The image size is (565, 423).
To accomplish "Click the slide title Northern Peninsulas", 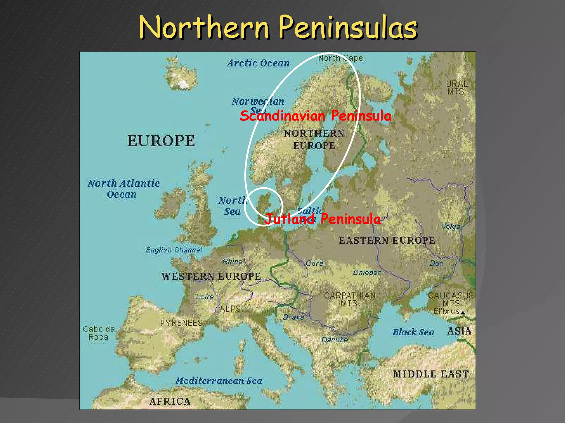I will pos(278,28).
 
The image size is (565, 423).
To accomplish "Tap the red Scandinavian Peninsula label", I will pos(315,116).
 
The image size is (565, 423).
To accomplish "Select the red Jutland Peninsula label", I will pos(322,219).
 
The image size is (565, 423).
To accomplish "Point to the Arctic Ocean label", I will pos(258,63).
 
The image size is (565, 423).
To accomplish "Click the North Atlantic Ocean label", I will pos(123,189).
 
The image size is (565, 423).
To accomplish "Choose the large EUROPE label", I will pos(161,141).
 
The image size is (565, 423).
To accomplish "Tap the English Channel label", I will pos(174,250).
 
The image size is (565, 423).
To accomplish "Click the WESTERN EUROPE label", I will pos(211,276).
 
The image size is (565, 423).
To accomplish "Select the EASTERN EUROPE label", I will pos(387,240).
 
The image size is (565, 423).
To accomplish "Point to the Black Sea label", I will pos(413,332).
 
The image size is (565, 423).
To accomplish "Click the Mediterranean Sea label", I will pos(219,381).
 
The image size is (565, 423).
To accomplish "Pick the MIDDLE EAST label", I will pos(431,374).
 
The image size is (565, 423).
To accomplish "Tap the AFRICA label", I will pos(170,402).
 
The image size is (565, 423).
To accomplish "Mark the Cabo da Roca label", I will pos(99,333).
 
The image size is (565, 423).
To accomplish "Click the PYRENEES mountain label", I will pos(181,322).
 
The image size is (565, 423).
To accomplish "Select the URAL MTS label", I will pos(457,87).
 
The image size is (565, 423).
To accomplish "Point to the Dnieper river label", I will pos(367,273).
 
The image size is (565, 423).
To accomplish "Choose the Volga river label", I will pos(451,226).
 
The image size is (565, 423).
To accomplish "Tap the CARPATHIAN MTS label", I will pos(350,299).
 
